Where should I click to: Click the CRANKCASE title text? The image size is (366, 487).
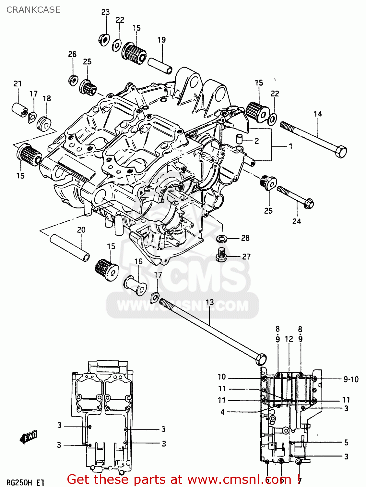[33, 10]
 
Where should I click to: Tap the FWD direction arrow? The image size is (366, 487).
[29, 437]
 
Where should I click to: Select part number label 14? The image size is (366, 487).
[317, 114]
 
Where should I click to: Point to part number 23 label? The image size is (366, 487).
[105, 12]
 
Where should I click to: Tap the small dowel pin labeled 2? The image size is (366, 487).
[239, 139]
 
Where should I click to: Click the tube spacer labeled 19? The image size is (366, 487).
[160, 65]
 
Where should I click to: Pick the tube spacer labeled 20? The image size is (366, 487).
[70, 248]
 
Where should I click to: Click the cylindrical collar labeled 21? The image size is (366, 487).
[20, 110]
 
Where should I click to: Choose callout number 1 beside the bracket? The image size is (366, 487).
[290, 146]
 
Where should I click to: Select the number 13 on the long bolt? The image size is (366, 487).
[210, 302]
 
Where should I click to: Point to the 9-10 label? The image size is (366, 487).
[351, 379]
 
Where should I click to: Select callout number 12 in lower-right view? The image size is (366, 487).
[289, 339]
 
